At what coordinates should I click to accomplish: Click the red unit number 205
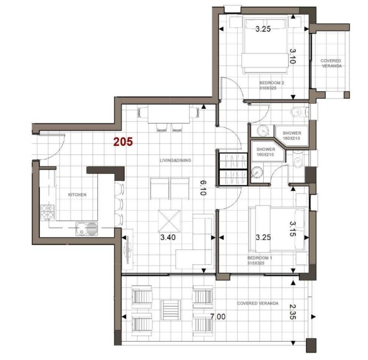coord(123,142)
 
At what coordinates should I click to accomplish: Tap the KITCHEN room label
coord(77,195)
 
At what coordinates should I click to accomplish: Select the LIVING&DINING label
coord(176,161)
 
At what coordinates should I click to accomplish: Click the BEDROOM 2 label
coord(272,83)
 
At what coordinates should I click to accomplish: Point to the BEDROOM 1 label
coord(260,258)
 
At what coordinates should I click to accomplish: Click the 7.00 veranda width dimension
coord(218,317)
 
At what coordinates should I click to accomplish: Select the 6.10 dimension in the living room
coord(203,188)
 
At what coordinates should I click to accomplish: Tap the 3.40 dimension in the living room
coord(168,237)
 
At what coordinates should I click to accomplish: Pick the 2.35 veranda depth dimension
coord(293,312)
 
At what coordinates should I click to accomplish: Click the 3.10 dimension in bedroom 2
coord(293,56)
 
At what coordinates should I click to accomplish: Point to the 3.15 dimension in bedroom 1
coord(293,229)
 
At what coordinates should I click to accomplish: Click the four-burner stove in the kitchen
coord(48,213)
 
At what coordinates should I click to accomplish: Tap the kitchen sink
coord(86,229)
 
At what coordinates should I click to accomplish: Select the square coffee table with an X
coord(169,221)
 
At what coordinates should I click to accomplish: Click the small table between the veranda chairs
coord(171,310)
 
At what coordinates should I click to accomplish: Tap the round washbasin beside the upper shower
coord(263,131)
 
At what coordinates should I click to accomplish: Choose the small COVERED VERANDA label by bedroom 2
coord(331,63)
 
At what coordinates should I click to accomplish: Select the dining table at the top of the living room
coord(169,114)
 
